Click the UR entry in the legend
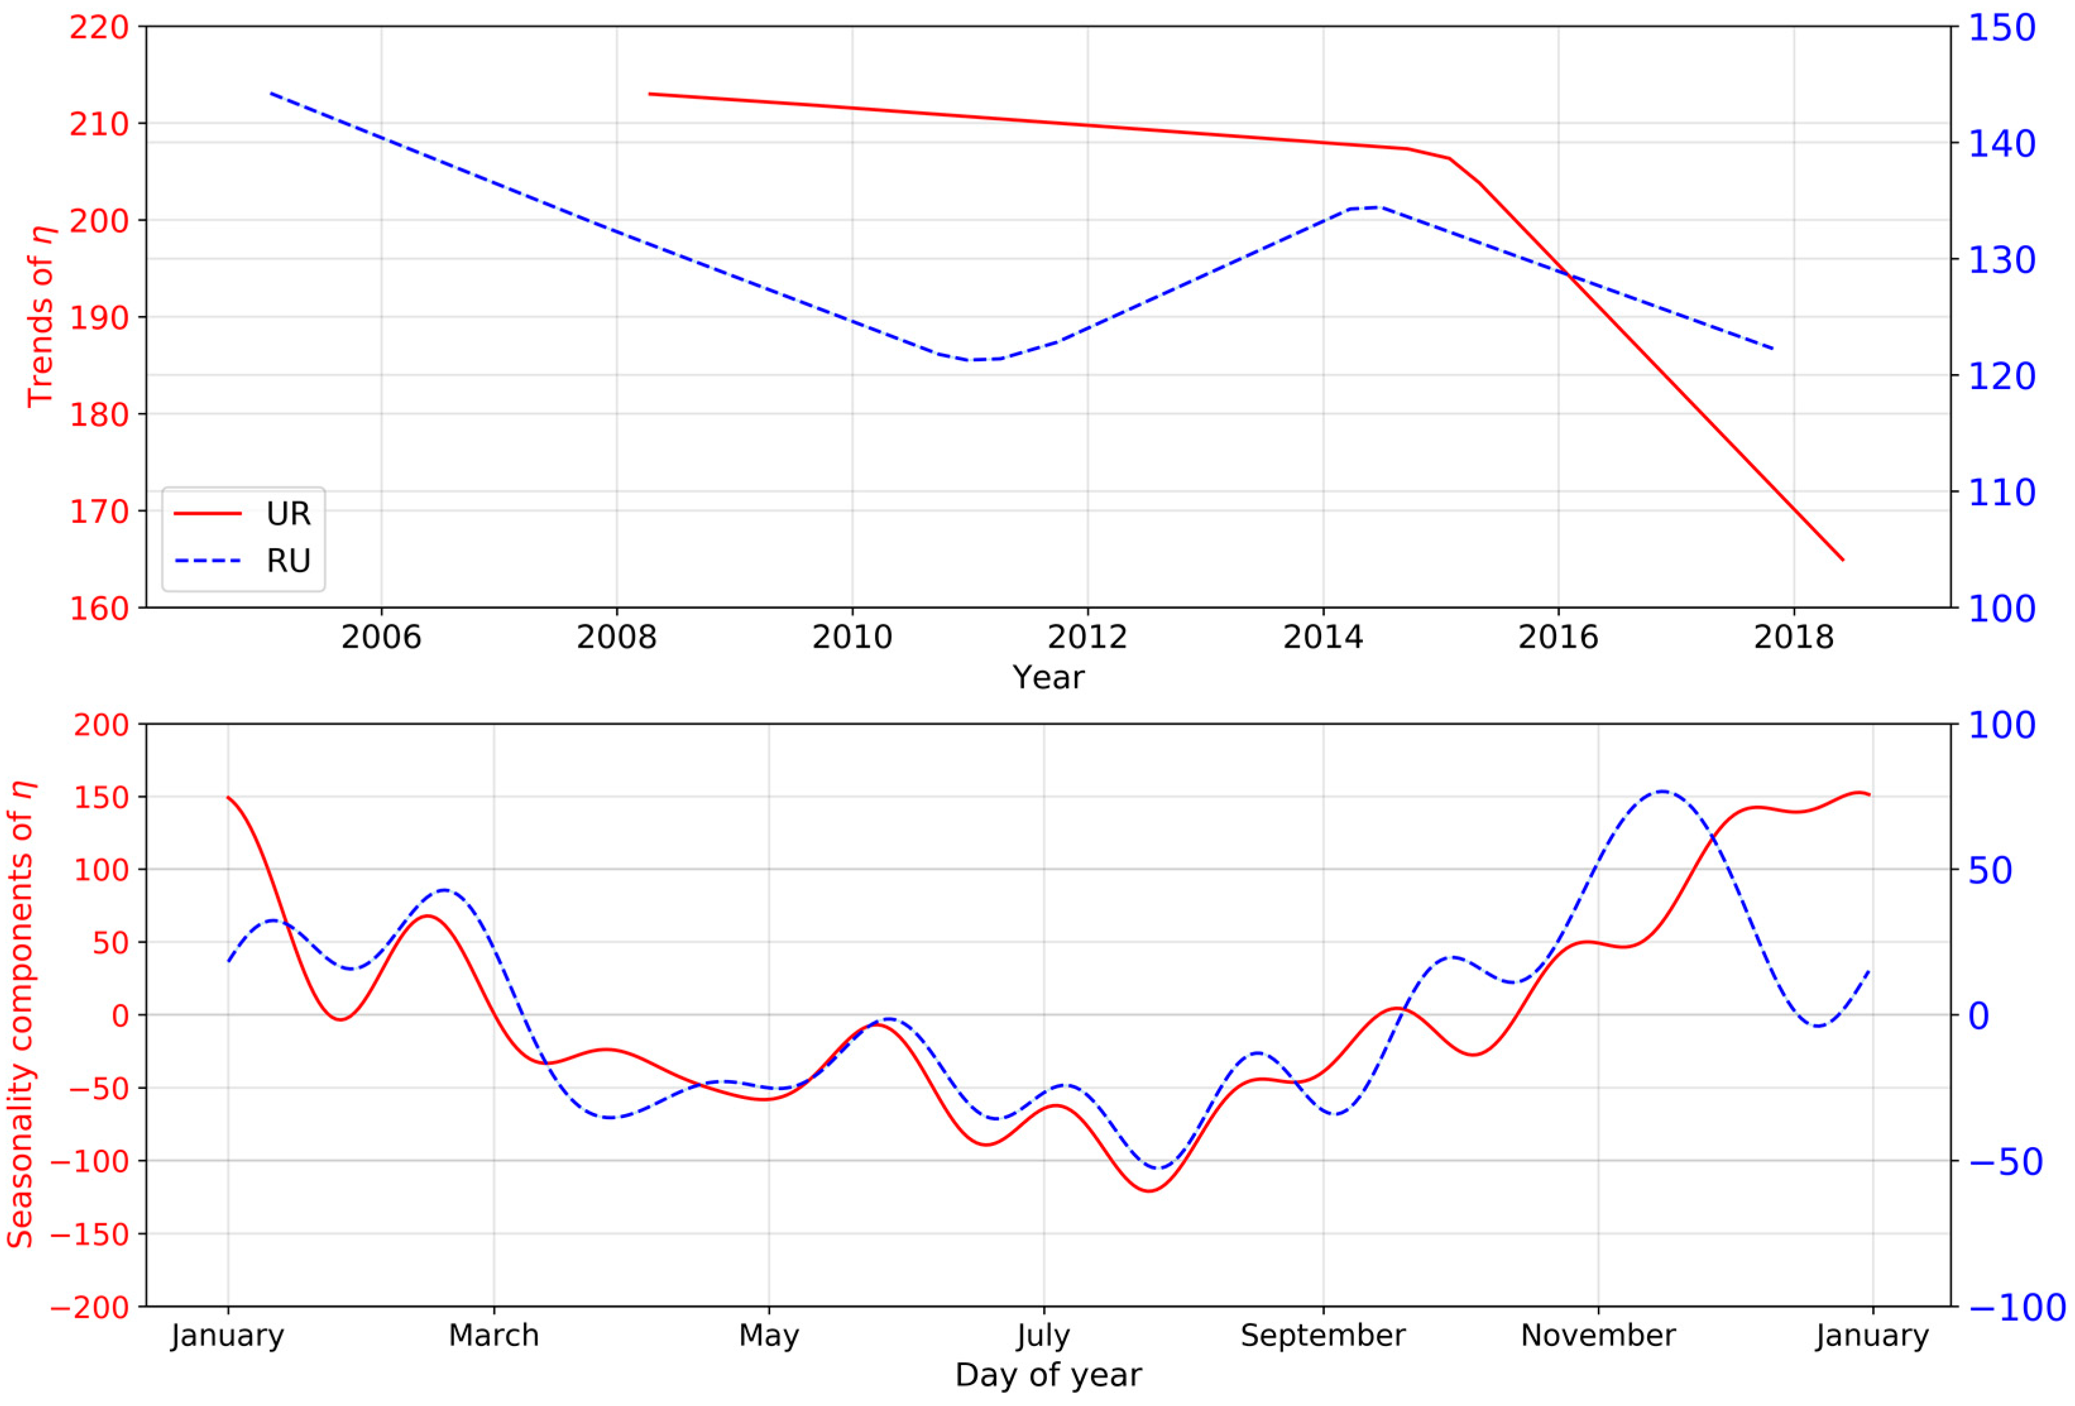pos(287,514)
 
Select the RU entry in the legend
pos(287,561)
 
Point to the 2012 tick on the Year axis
pos(1087,637)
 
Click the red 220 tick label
pos(99,28)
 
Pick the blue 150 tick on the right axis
pos(2002,28)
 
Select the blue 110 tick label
pos(2002,492)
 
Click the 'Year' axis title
pos(1048,678)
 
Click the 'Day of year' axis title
pos(1048,1375)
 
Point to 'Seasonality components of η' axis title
pos(21,1015)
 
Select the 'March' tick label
pos(493,1335)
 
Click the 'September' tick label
pos(1322,1335)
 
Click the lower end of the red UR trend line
pos(1842,560)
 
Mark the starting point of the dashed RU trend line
pos(270,93)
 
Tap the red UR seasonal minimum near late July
pos(1150,1191)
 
